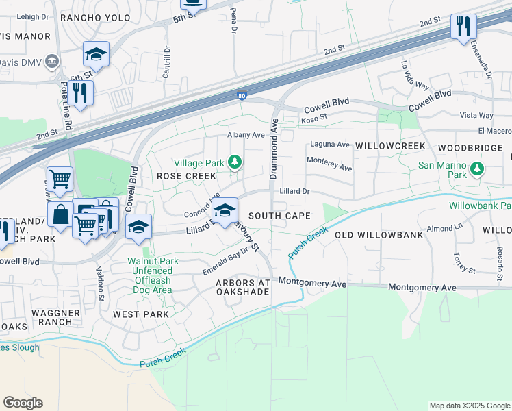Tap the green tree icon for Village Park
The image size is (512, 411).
click(235, 162)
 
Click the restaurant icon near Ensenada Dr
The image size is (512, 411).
click(463, 27)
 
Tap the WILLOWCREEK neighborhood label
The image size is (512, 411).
click(390, 147)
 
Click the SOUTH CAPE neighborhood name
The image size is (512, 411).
click(279, 216)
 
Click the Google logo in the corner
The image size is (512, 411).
click(23, 403)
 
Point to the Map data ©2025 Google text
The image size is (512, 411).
click(469, 406)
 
